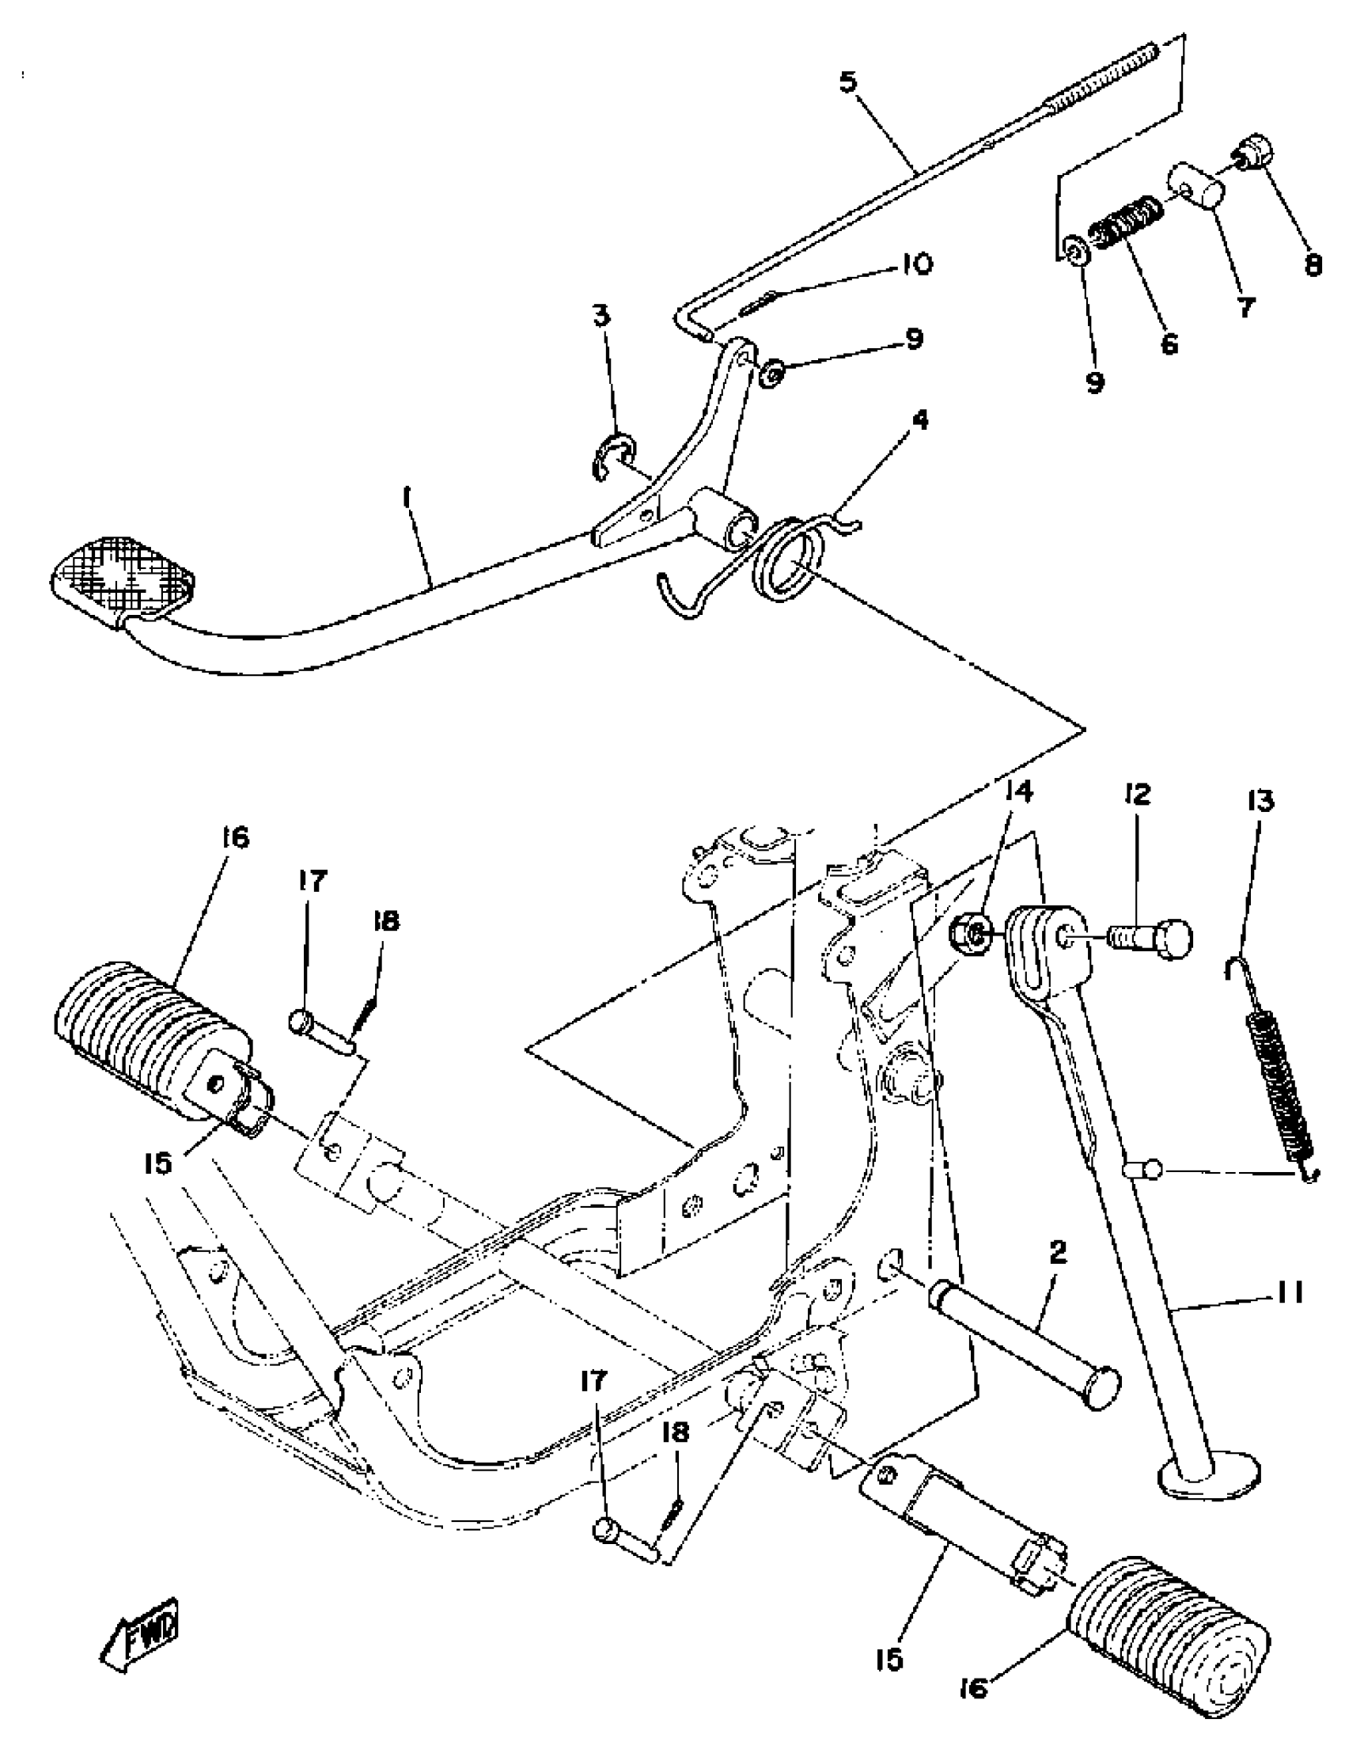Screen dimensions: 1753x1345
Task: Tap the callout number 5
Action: [848, 82]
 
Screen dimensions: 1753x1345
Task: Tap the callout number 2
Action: [1058, 1254]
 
